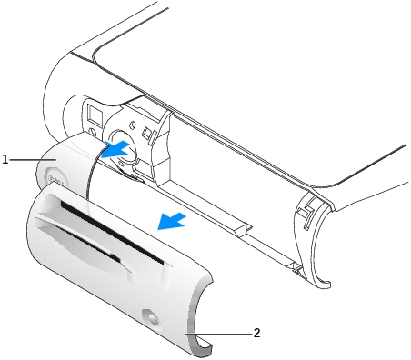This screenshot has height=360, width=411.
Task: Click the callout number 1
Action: [x=5, y=159]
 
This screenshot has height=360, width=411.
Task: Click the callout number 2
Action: [x=256, y=333]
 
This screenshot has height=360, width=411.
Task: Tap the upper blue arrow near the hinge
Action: [x=115, y=150]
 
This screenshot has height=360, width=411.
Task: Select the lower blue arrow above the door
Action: [x=172, y=221]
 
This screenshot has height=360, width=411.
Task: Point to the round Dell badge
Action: [x=55, y=179]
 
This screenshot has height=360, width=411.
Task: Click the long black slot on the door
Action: [x=112, y=232]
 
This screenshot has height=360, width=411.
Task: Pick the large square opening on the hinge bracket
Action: [x=95, y=116]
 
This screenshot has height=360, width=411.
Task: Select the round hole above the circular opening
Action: [x=133, y=125]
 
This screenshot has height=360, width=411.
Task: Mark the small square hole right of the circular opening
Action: [x=147, y=133]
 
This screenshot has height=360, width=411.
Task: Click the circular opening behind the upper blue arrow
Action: [x=121, y=143]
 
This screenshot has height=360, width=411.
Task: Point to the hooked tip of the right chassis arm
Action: [x=325, y=285]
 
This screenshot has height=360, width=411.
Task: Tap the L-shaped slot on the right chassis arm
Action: [x=305, y=212]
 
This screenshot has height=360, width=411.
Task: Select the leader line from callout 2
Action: [x=218, y=334]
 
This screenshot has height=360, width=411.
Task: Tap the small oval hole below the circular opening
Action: [x=121, y=164]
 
